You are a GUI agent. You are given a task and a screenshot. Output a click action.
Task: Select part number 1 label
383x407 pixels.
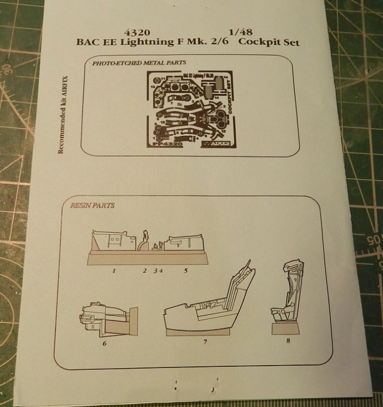tap(114, 271)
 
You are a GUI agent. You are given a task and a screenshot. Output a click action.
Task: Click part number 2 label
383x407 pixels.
tap(144, 271)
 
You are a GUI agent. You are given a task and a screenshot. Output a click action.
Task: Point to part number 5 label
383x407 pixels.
tap(186, 271)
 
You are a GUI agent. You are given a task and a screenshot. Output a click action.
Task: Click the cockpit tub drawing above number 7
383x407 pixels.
tap(212, 305)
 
